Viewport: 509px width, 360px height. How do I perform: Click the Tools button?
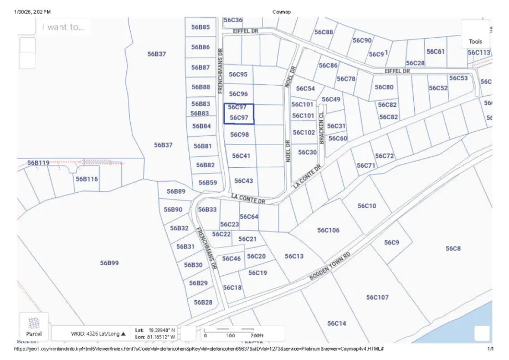click(x=475, y=34)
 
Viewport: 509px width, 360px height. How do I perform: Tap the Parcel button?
click(x=34, y=327)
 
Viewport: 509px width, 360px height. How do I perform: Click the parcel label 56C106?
click(x=328, y=230)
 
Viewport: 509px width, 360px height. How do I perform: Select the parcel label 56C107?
click(x=377, y=297)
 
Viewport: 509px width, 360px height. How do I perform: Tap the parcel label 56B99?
click(x=109, y=263)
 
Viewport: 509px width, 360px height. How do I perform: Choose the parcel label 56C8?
click(x=453, y=249)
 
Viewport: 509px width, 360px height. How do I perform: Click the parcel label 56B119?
click(x=38, y=163)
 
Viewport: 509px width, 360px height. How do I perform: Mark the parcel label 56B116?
click(x=87, y=179)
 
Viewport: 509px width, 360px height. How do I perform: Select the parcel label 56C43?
click(x=244, y=181)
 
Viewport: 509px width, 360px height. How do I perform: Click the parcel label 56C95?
click(x=238, y=74)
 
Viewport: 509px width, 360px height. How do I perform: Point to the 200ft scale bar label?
click(x=255, y=336)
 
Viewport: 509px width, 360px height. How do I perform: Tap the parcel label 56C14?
click(x=336, y=323)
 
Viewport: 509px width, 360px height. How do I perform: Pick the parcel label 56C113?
click(x=479, y=53)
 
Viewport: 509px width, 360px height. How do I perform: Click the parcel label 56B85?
click(x=200, y=27)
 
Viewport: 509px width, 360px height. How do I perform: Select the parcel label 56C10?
click(x=367, y=206)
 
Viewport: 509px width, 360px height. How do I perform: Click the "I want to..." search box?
click(x=64, y=27)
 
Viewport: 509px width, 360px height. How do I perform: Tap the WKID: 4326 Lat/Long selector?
click(x=98, y=333)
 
